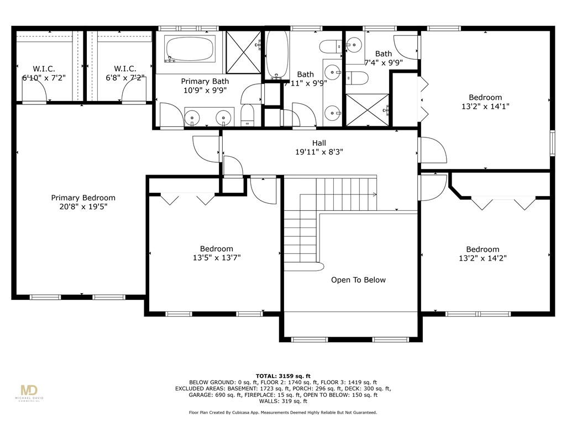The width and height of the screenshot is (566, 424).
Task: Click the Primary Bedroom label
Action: tap(83, 198)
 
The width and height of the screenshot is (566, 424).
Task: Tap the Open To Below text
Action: tap(358, 280)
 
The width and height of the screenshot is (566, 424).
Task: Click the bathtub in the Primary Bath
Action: tap(190, 49)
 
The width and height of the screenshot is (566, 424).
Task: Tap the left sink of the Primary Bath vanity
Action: tap(192, 116)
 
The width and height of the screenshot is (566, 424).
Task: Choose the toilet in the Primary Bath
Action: tap(247, 115)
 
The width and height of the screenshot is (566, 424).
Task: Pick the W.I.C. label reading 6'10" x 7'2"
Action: tap(44, 78)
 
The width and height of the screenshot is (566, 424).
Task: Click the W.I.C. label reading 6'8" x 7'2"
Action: tap(125, 78)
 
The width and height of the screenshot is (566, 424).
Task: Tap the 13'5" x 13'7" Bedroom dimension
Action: tap(216, 257)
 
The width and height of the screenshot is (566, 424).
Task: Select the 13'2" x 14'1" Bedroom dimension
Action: tap(485, 107)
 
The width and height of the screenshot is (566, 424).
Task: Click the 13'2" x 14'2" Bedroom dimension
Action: tap(482, 258)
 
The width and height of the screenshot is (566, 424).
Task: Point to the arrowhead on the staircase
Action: tap(375, 194)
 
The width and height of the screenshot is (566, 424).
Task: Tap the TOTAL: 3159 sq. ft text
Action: tap(283, 375)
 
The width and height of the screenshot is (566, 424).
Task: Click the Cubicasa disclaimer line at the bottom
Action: tap(283, 412)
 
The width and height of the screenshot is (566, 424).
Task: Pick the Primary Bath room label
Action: tap(205, 81)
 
